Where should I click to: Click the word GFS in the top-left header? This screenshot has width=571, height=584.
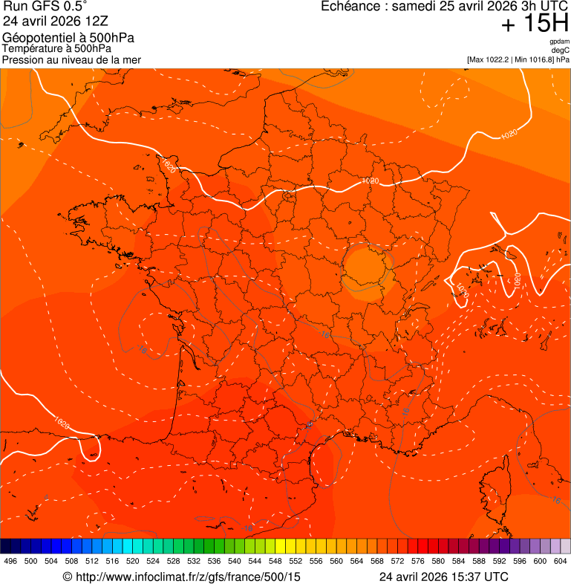[x=43, y=7]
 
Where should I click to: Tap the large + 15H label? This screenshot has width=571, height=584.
[x=535, y=25]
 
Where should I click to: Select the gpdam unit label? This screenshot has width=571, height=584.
[x=559, y=42]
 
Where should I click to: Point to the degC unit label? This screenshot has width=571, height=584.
[x=561, y=51]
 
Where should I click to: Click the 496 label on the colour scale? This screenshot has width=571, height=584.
[x=10, y=562]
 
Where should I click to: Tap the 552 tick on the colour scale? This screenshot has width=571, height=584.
[x=296, y=562]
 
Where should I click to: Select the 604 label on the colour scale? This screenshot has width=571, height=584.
[x=561, y=562]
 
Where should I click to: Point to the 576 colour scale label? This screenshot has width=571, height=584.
[x=418, y=562]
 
